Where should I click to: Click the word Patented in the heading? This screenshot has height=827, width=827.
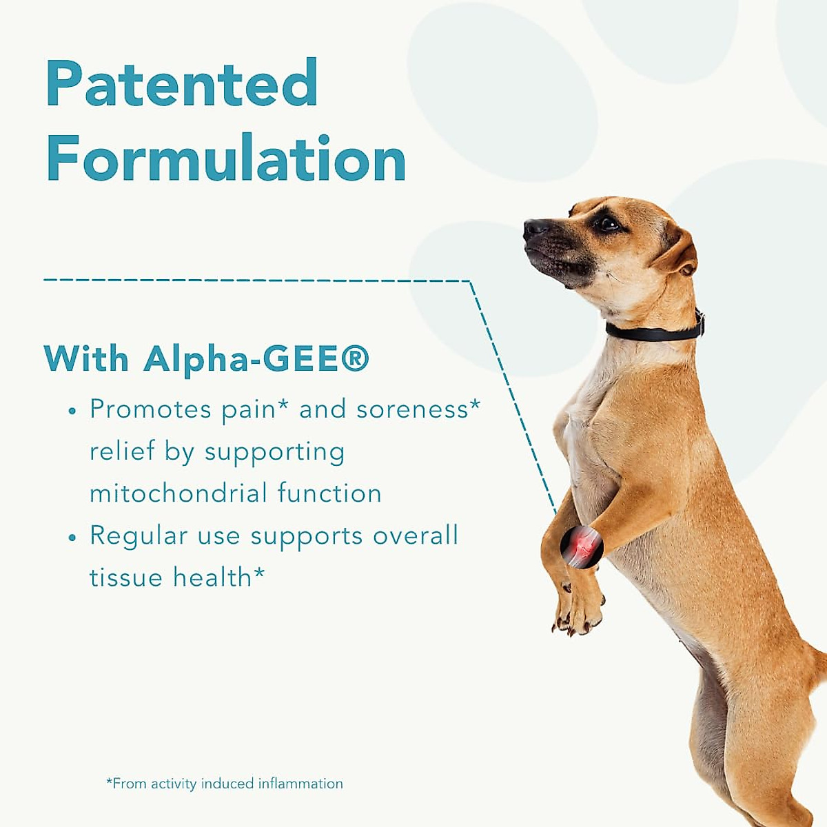click(x=182, y=83)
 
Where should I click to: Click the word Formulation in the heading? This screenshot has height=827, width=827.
click(x=226, y=159)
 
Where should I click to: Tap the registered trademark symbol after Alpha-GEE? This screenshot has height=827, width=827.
click(x=355, y=358)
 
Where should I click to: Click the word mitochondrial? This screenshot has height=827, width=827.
click(x=178, y=493)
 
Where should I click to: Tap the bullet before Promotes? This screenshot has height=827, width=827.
click(x=72, y=411)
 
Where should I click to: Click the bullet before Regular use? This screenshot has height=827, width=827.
click(x=72, y=538)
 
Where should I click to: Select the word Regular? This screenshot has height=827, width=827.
click(x=139, y=536)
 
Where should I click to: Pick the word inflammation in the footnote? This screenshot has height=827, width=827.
click(x=300, y=784)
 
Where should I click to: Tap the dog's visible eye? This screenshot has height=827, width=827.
click(x=608, y=223)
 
